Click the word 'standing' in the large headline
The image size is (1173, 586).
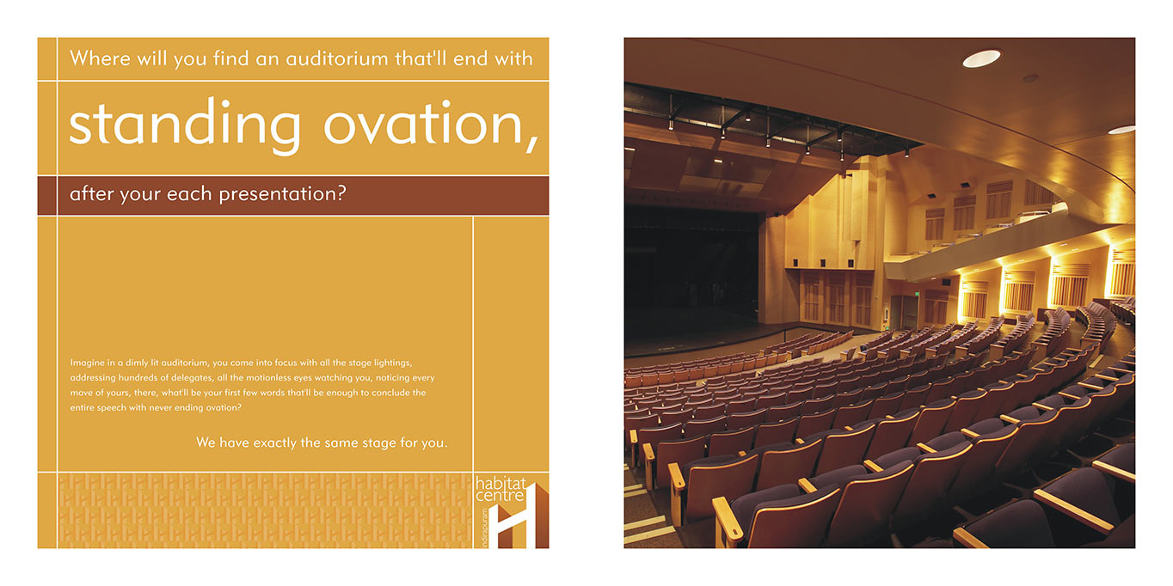185,125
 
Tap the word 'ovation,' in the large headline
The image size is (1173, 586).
431,125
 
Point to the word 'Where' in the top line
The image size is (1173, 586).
100,58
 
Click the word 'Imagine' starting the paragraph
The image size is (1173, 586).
87,363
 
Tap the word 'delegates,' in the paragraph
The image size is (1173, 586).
192,378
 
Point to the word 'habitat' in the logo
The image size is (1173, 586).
501,484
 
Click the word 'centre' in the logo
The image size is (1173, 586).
500,496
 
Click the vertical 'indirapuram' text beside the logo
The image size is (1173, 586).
485,527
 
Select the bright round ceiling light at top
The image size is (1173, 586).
982,58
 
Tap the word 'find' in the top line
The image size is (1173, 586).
230,58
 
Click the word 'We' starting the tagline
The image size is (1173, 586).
206,443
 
